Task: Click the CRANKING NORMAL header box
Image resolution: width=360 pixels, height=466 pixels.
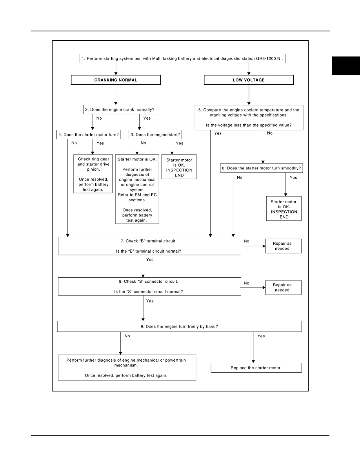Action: click(116, 80)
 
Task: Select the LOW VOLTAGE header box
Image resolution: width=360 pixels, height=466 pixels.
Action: click(249, 80)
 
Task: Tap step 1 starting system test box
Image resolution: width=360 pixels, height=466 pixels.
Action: click(182, 58)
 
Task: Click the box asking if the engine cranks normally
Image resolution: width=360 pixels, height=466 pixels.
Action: click(119, 109)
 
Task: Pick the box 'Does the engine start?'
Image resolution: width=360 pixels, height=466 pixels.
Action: click(155, 135)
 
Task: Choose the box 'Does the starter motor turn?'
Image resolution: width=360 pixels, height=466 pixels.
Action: click(89, 135)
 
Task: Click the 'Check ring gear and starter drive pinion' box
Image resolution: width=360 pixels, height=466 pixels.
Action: click(93, 174)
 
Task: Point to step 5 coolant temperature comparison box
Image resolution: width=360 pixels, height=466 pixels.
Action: click(249, 117)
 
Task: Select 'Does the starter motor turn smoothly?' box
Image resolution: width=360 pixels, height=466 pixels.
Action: click(261, 168)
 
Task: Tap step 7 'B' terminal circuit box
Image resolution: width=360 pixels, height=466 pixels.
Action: click(149, 246)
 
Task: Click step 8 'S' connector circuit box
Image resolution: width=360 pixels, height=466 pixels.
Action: click(149, 286)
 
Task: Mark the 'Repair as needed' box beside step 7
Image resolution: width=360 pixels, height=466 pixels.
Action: click(284, 246)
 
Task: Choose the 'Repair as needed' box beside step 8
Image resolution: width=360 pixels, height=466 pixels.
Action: click(284, 288)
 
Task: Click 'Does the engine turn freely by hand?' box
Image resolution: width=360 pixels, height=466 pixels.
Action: click(179, 326)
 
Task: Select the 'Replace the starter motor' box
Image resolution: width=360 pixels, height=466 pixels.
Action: click(256, 368)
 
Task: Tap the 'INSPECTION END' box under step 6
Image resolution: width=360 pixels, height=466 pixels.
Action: click(284, 209)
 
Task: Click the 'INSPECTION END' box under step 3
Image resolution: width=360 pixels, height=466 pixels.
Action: click(179, 167)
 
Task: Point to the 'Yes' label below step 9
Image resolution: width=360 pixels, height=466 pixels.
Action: click(261, 336)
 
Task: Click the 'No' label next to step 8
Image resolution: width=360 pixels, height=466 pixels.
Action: click(247, 283)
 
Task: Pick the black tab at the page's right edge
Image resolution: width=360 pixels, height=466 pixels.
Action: click(346, 66)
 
